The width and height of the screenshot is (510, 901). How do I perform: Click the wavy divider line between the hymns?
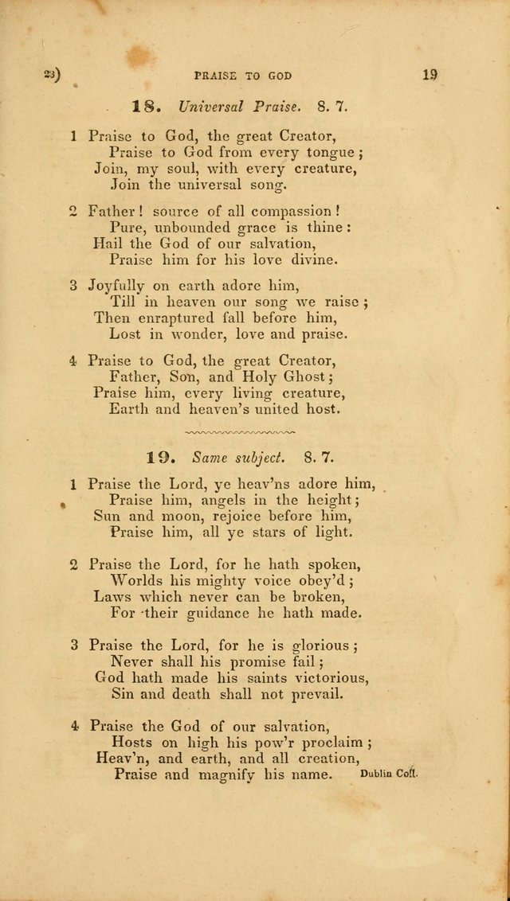238,432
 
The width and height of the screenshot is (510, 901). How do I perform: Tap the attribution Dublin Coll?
388,773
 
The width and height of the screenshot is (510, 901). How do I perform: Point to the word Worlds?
138,580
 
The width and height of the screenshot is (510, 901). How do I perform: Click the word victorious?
315,677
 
